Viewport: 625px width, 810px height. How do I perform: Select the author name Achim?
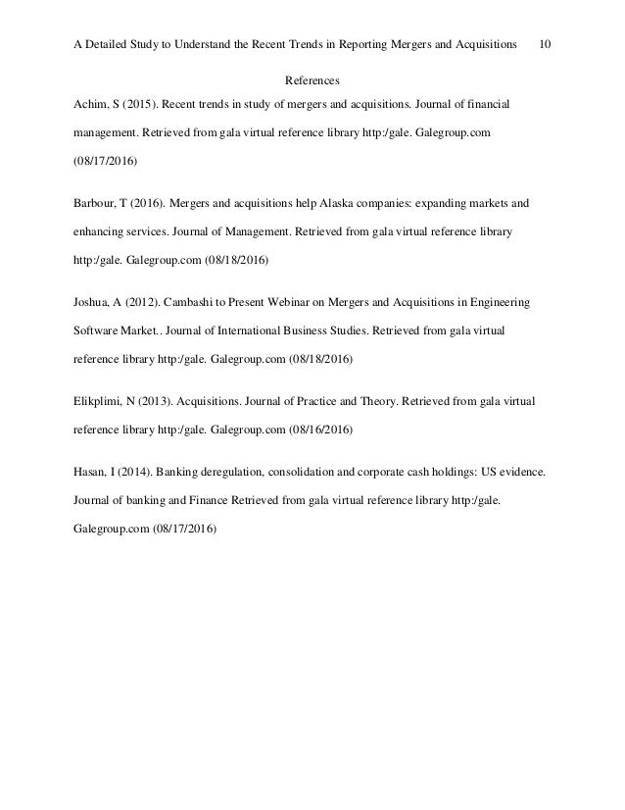[x=91, y=103]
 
